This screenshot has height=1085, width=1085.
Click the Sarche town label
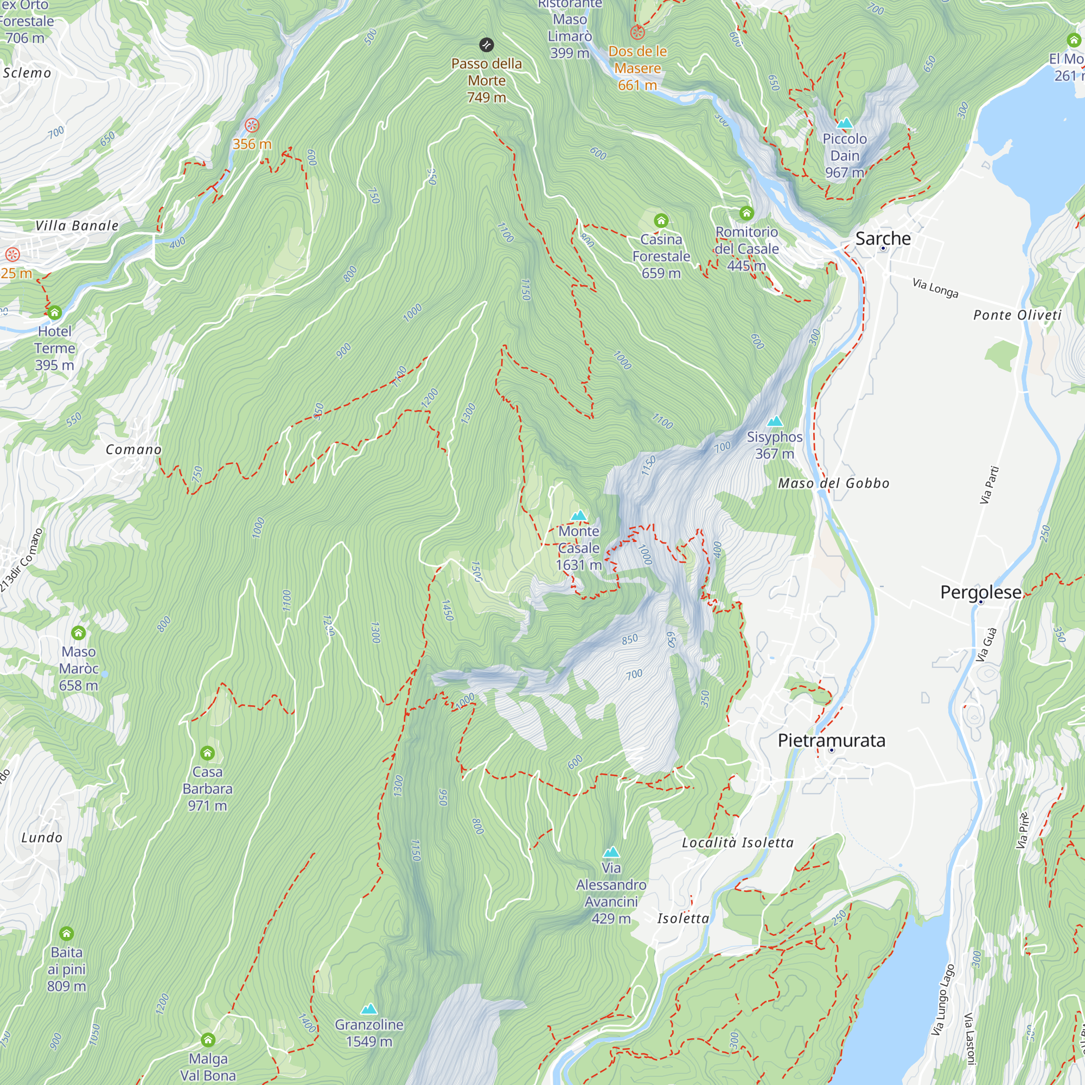(883, 238)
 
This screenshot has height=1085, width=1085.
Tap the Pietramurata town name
(831, 740)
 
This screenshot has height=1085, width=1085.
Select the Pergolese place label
(980, 592)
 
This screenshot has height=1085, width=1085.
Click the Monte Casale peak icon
(578, 515)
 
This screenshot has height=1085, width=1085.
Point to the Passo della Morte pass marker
(486, 44)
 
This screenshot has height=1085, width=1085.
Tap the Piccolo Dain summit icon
(845, 123)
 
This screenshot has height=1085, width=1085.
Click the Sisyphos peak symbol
(775, 421)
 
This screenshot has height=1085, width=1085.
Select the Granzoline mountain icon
(369, 1009)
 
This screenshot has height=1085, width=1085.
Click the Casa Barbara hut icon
(207, 752)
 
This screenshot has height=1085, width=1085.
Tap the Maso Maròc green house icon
(79, 633)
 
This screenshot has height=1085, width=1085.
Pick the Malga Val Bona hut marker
(208, 1039)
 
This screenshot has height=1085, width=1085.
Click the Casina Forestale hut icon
(661, 220)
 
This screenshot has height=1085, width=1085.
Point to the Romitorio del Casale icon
(746, 213)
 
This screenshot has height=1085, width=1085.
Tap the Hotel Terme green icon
(54, 312)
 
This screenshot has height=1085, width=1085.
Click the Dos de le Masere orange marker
(637, 33)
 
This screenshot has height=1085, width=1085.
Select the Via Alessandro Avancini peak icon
(611, 852)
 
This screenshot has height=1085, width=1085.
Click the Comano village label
(133, 449)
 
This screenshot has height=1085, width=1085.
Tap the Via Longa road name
(935, 288)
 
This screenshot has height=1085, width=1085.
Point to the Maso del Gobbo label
(833, 483)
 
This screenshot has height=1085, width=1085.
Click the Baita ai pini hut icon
(67, 933)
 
